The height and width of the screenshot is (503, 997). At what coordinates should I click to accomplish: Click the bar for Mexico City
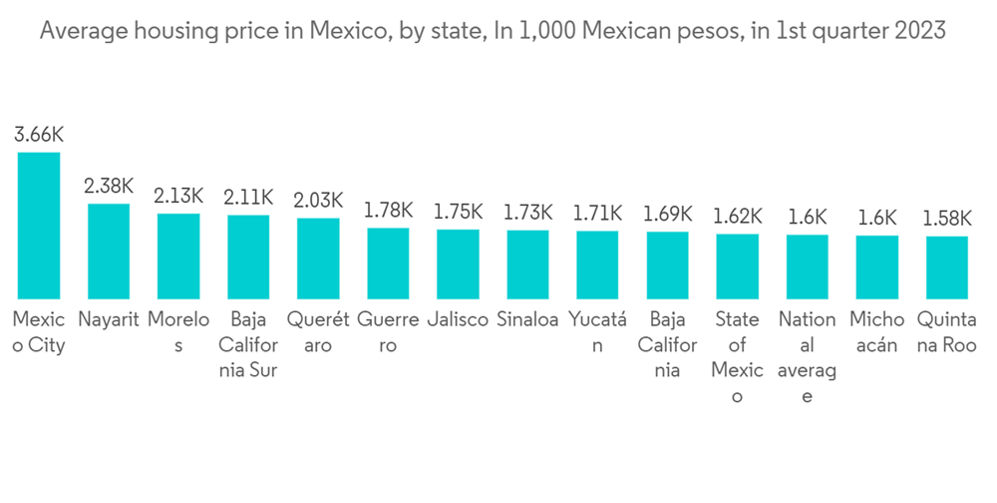click(x=39, y=226)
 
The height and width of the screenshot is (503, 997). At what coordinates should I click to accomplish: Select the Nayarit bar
click(x=109, y=251)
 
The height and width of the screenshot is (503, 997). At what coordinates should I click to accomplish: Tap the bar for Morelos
click(x=178, y=256)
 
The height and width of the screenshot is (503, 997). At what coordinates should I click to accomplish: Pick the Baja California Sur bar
click(x=248, y=257)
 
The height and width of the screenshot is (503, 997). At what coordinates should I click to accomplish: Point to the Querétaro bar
click(x=318, y=258)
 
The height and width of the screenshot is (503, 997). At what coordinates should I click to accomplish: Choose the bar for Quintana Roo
click(x=946, y=267)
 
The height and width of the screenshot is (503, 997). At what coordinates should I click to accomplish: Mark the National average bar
click(x=807, y=266)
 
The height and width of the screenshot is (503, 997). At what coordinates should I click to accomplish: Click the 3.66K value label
click(x=39, y=135)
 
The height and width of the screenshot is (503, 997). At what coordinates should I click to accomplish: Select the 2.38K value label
click(x=109, y=187)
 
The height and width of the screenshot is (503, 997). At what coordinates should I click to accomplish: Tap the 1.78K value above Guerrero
click(x=388, y=211)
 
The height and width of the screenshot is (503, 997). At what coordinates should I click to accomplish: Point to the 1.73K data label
click(x=527, y=213)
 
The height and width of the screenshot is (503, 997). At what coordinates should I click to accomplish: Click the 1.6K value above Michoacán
click(x=876, y=218)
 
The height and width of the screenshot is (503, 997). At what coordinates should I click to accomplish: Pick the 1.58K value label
click(x=946, y=219)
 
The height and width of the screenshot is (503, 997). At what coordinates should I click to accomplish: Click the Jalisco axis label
click(x=458, y=321)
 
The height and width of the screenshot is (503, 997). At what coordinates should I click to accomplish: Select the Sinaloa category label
click(x=527, y=321)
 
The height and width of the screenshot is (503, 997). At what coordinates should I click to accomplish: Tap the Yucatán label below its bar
click(x=597, y=333)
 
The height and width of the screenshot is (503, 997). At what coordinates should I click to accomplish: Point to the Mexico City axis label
click(x=39, y=333)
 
